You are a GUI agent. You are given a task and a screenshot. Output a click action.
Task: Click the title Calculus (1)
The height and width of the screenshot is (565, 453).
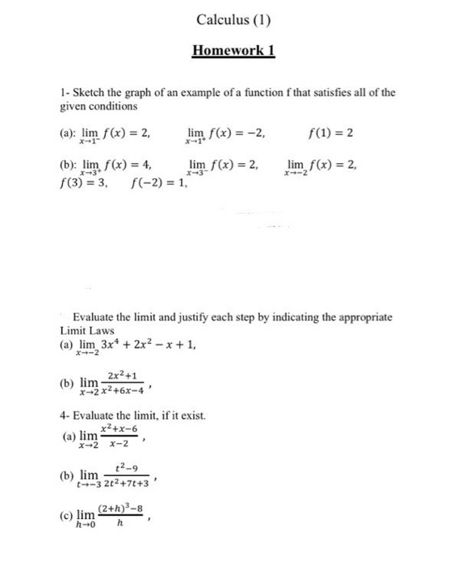(x=233, y=19)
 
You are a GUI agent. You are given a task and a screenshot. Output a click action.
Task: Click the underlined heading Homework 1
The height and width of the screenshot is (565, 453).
(x=234, y=51)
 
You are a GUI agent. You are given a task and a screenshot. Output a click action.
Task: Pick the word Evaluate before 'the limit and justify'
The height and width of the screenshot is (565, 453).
(x=96, y=317)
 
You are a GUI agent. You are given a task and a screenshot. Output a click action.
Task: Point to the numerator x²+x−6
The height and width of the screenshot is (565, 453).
(x=119, y=432)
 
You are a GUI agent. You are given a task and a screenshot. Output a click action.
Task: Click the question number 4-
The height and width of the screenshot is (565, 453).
(x=65, y=415)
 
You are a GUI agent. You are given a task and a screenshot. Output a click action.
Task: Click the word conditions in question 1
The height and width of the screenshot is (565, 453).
(x=115, y=106)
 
